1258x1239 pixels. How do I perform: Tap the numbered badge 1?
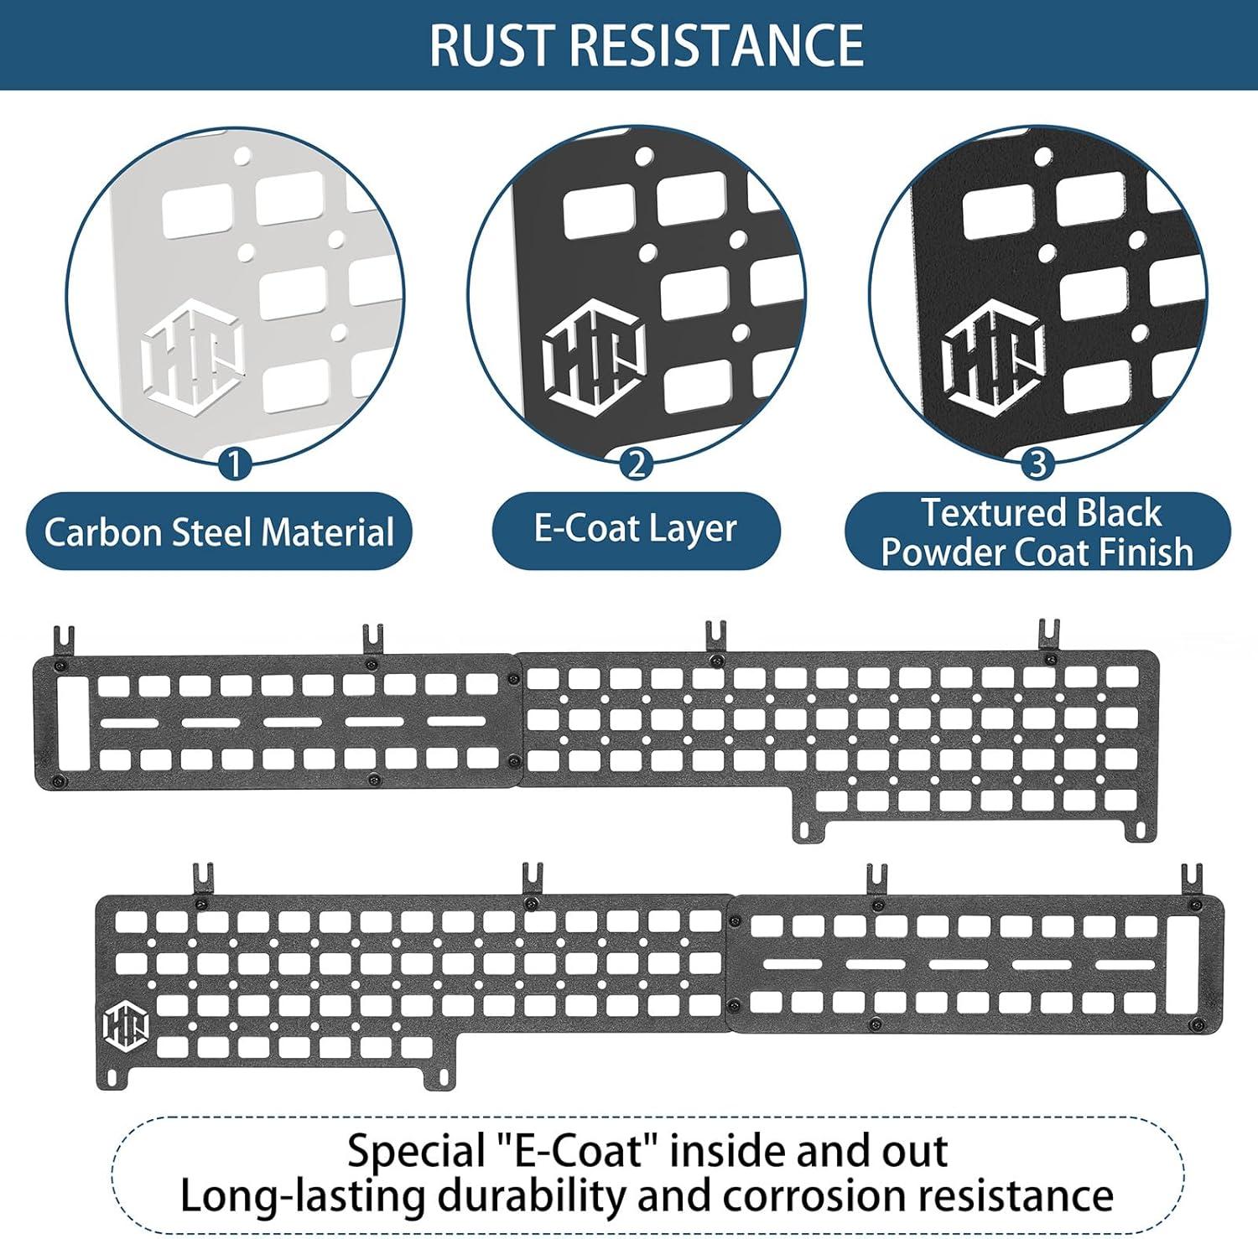[x=236, y=463]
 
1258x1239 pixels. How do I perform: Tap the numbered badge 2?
[x=637, y=463]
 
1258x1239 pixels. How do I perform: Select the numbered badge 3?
[x=1037, y=463]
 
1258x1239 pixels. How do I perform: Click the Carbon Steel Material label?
[x=219, y=532]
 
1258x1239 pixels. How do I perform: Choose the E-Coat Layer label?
[x=636, y=529]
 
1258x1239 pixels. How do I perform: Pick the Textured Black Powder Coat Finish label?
[x=1037, y=532]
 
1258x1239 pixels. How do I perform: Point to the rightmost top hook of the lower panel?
[x=1192, y=880]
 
